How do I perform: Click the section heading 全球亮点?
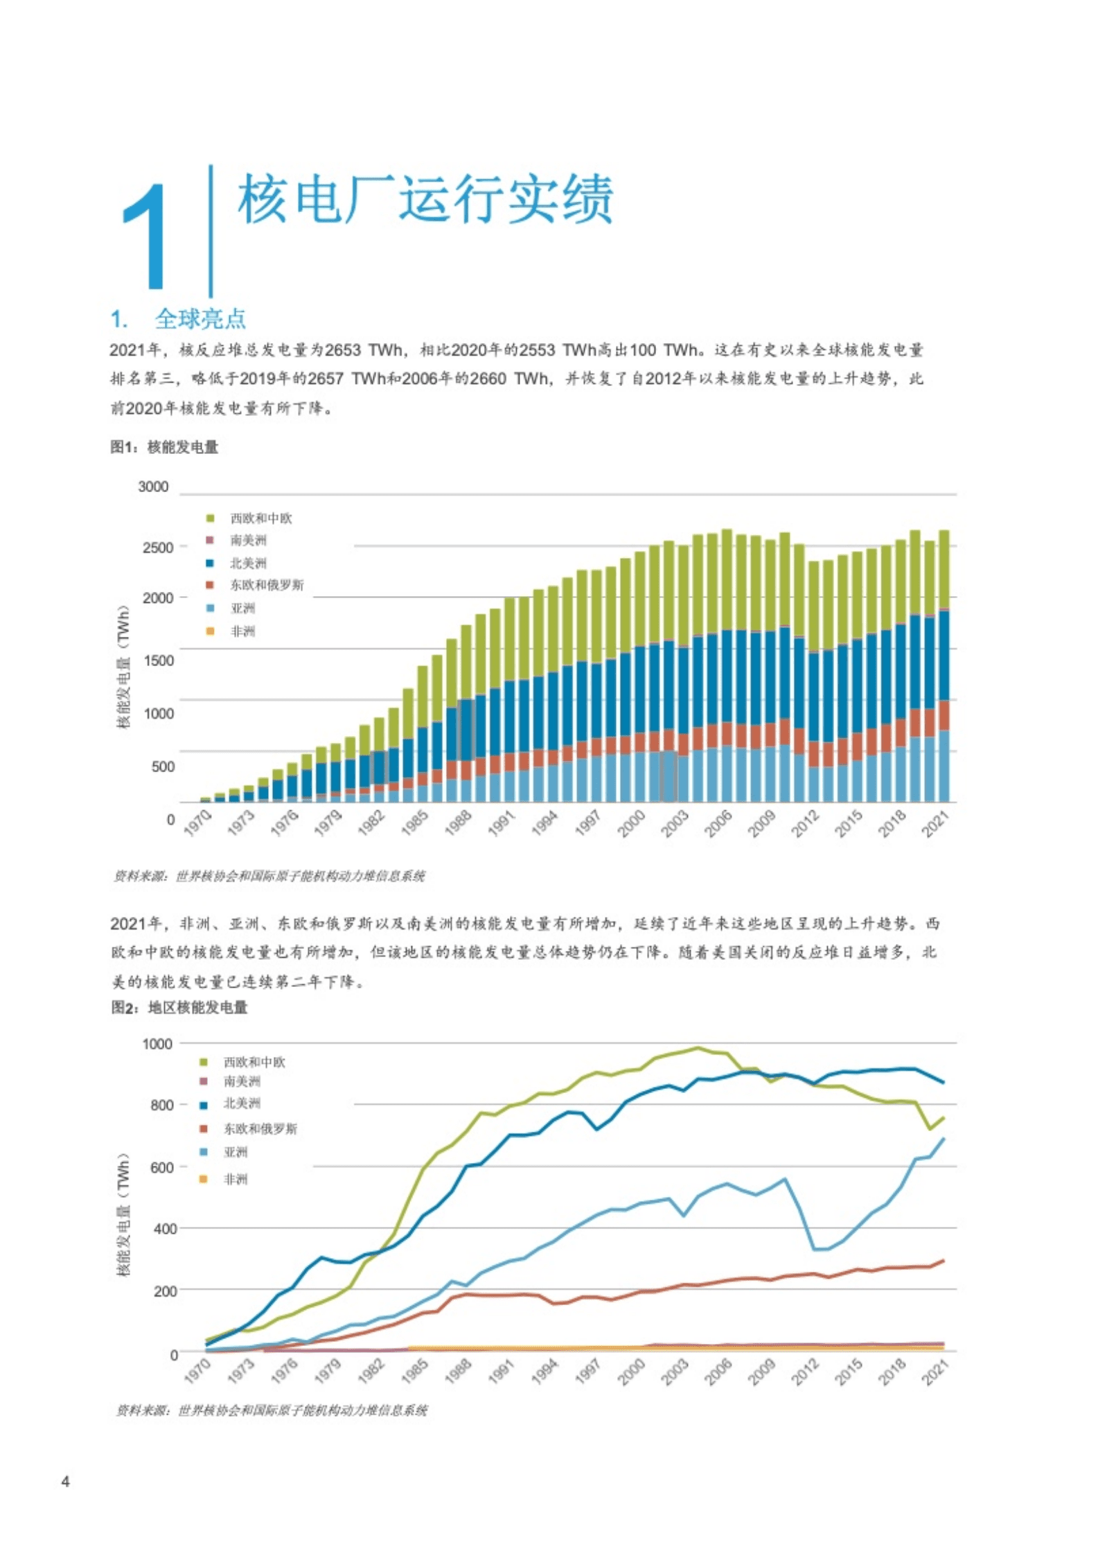pos(200,319)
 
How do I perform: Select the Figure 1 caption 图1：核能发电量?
pos(164,447)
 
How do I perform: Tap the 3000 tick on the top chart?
pos(153,487)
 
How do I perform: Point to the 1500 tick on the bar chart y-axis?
pos(158,660)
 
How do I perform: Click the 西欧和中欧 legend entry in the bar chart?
pos(260,518)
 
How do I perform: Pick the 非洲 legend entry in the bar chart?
pos(242,631)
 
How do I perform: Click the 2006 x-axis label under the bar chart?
pos(718,824)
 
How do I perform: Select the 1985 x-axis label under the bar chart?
pos(414,824)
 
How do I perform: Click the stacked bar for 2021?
pos(944,665)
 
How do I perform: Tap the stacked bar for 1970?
pos(205,800)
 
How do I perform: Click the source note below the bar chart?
pos(269,876)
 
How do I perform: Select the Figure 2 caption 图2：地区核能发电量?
pos(179,1007)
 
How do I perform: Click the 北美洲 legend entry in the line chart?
pos(242,1103)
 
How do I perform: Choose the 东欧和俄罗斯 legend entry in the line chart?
pos(260,1129)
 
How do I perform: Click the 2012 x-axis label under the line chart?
pos(805,1371)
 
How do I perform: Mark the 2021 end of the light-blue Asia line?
pos(943,1139)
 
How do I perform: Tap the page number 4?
pos(66,1482)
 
